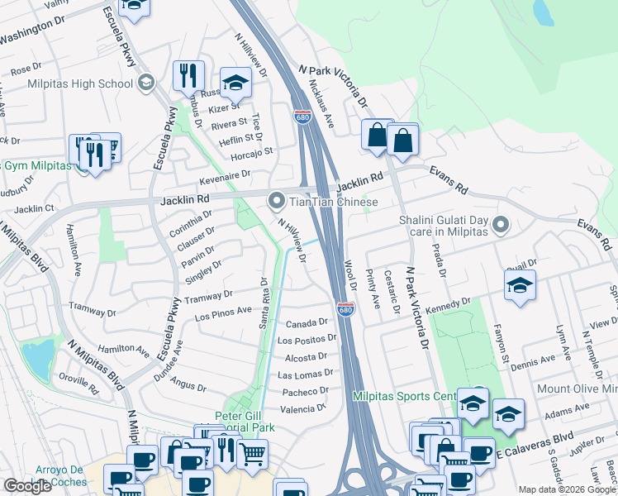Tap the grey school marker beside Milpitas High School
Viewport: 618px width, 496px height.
coord(146,82)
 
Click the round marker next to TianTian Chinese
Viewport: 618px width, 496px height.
coord(276,201)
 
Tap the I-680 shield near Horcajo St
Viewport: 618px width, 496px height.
coord(302,118)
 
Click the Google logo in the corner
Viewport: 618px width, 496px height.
coord(27,486)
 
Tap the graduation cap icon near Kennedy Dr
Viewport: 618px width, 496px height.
coord(519,285)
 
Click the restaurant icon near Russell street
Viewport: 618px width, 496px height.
coord(188,76)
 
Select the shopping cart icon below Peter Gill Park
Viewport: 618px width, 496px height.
coord(251,451)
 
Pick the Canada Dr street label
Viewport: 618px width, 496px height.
coord(307,322)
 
